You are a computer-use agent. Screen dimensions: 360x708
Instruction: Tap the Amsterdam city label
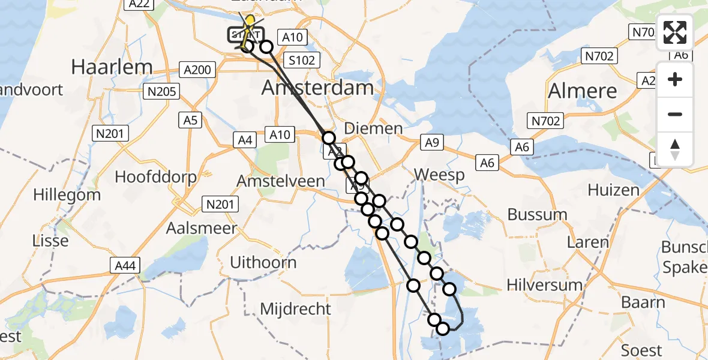coord(317,88)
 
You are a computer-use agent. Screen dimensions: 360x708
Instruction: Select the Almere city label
coord(582,91)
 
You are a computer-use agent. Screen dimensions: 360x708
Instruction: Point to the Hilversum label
coord(545,285)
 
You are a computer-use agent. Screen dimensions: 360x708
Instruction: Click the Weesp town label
coord(440,175)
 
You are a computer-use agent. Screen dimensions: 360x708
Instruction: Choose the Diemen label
coord(373,128)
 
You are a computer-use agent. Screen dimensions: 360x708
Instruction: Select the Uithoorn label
coord(263,262)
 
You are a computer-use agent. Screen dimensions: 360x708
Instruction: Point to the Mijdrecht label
coord(295,309)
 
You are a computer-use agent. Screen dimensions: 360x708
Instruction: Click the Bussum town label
coord(537,214)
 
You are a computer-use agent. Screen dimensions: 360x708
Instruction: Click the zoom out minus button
coord(675,115)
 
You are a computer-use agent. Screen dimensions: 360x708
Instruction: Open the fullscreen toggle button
coord(675,32)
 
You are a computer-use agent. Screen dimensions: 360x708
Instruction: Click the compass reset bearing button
coord(675,149)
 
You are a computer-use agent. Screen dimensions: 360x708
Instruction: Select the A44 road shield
coord(124,264)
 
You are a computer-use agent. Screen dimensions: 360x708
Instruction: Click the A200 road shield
coord(197,70)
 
